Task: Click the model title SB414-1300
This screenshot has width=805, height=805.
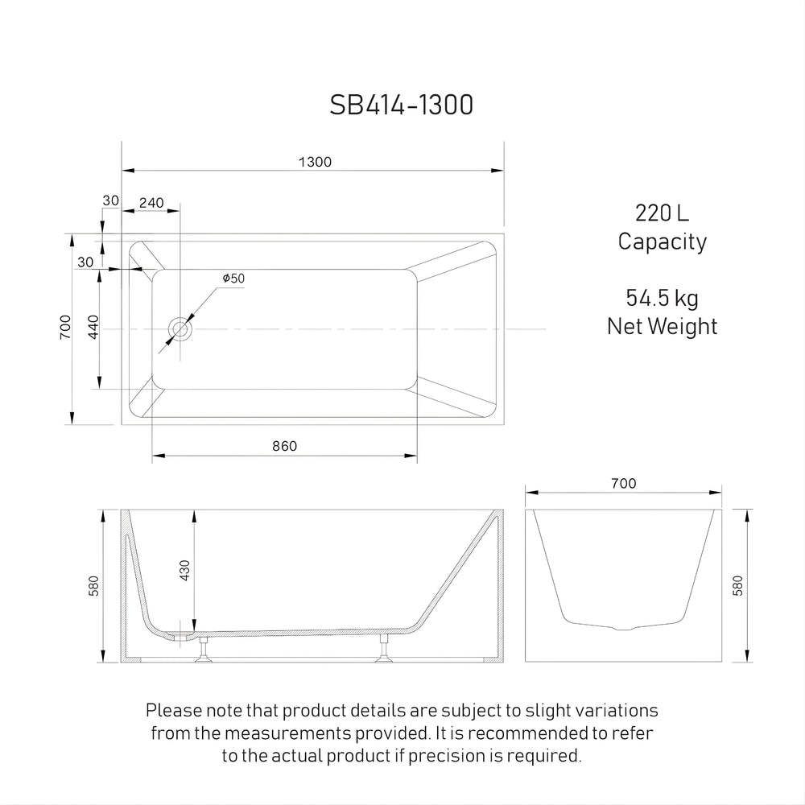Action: click(402, 105)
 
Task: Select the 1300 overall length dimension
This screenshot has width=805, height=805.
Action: click(315, 161)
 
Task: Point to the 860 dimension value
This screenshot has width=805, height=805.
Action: click(284, 447)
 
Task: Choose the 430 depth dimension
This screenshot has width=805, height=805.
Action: click(186, 572)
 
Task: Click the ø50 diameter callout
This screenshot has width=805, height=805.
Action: click(233, 279)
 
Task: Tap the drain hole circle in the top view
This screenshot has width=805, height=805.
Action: click(180, 329)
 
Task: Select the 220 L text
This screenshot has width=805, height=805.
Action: click(662, 213)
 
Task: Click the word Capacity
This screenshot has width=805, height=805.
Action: click(662, 242)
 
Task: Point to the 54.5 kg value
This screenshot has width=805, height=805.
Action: click(662, 299)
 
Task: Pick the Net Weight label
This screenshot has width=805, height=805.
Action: click(662, 326)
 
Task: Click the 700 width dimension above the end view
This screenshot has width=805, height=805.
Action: click(623, 483)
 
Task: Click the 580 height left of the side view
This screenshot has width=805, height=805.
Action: click(94, 585)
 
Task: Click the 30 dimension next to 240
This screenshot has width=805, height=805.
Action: click(110, 200)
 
